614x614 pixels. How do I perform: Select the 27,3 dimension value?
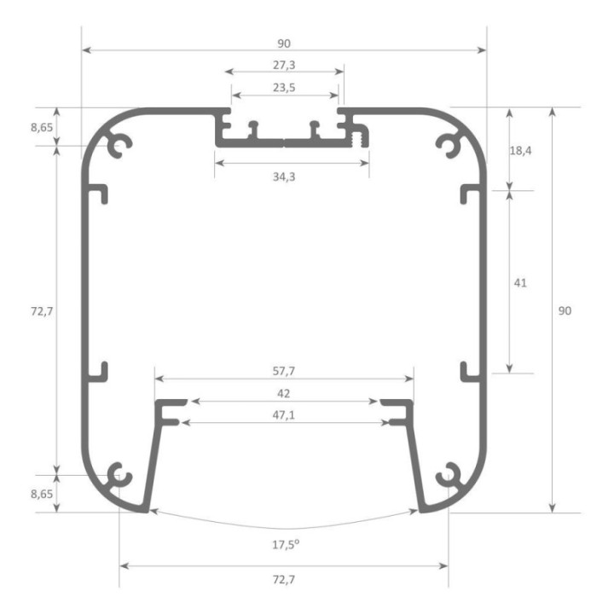coord(286,65)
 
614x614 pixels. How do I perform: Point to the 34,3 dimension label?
coord(291,177)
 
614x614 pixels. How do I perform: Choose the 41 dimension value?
coord(518,282)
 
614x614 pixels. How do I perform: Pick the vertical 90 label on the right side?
coord(565,311)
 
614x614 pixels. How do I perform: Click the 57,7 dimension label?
coord(284,371)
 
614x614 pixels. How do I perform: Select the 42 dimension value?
coord(285,393)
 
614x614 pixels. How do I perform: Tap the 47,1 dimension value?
coord(285,415)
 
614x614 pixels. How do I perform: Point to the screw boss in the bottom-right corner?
coord(449,474)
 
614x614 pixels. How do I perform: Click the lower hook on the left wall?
coord(99,371)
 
